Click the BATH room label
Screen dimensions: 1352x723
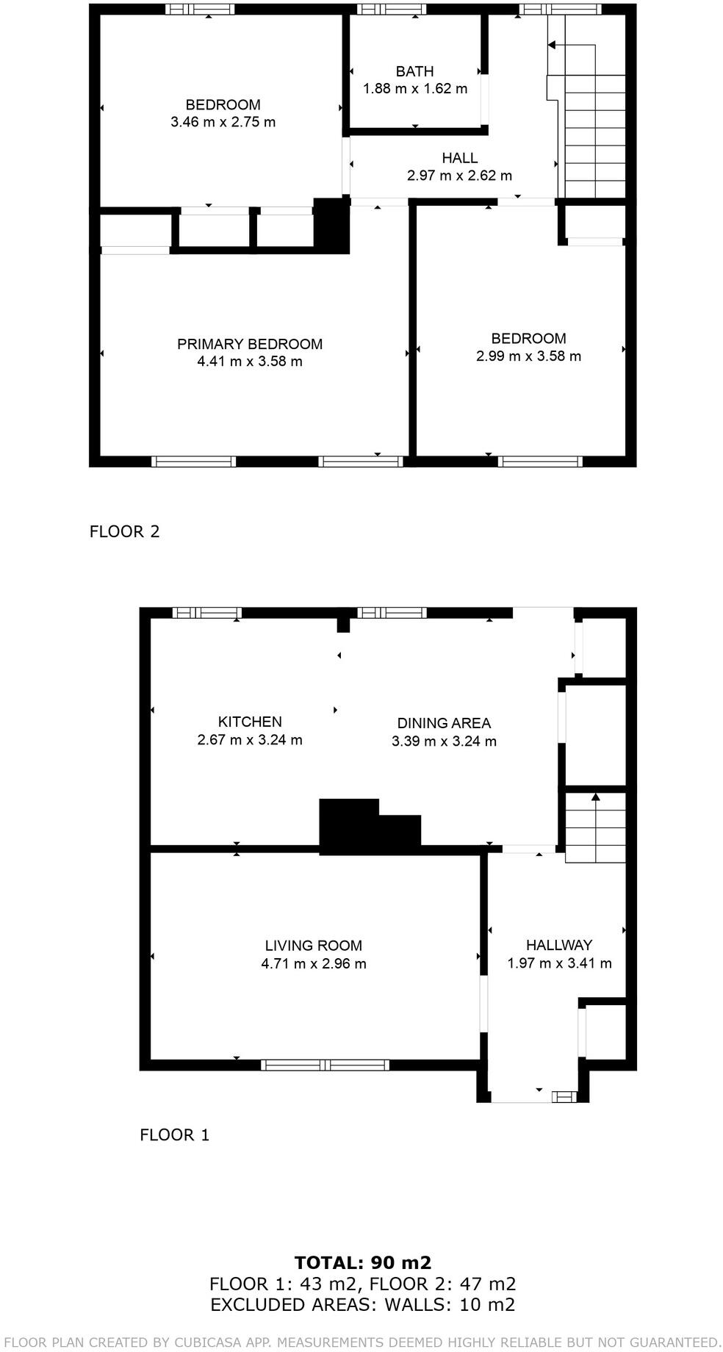[x=414, y=71]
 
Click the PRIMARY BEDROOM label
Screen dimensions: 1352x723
[x=250, y=344]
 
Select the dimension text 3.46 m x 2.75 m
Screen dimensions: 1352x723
[x=223, y=122]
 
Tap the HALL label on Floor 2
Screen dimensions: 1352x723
[x=459, y=158]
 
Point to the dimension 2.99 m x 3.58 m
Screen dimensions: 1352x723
[x=528, y=356]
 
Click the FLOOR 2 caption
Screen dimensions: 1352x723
[x=124, y=531]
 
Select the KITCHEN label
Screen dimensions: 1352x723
[x=250, y=722]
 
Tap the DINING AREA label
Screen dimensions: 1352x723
[x=444, y=723]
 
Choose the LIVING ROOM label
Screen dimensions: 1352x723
[x=314, y=946]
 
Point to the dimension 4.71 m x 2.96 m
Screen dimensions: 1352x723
[x=314, y=963]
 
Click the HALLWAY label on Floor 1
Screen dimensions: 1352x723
[x=559, y=945]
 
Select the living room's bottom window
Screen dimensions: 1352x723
[x=325, y=1065]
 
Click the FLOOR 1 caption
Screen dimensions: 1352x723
[x=175, y=1135]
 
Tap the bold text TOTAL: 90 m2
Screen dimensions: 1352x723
[x=362, y=1262]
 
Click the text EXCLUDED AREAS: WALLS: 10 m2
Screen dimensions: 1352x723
[x=362, y=1304]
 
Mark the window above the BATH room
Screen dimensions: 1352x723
[x=392, y=10]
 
